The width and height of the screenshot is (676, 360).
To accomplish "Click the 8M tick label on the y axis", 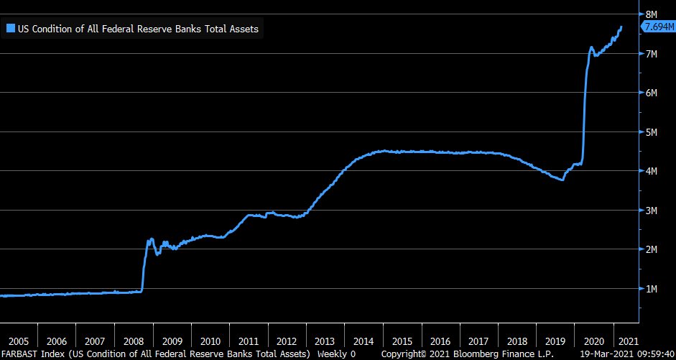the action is pos(651,14).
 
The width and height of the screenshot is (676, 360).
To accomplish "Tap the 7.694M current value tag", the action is pos(657,27).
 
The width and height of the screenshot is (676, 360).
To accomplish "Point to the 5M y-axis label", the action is pos(651,132).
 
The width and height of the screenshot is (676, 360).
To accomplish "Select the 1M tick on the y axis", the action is pos(651,289).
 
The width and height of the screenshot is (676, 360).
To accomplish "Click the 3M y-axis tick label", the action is pos(651,211).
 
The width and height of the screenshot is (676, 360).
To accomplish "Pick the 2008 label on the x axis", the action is pos(133,341).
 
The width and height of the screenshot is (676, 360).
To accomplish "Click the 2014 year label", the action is pos(364,341).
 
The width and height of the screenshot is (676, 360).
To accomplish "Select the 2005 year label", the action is pos(19,341).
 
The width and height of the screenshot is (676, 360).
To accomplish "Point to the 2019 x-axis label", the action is pos(555,341).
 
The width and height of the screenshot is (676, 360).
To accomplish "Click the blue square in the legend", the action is pos(10,29).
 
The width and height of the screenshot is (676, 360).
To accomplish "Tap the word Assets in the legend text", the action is pos(244,29).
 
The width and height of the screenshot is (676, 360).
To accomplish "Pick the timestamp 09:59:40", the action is pos(657,354).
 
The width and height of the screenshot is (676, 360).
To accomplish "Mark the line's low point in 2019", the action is pos(562,180).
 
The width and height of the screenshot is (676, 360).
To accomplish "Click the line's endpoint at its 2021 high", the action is pos(621,27).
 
